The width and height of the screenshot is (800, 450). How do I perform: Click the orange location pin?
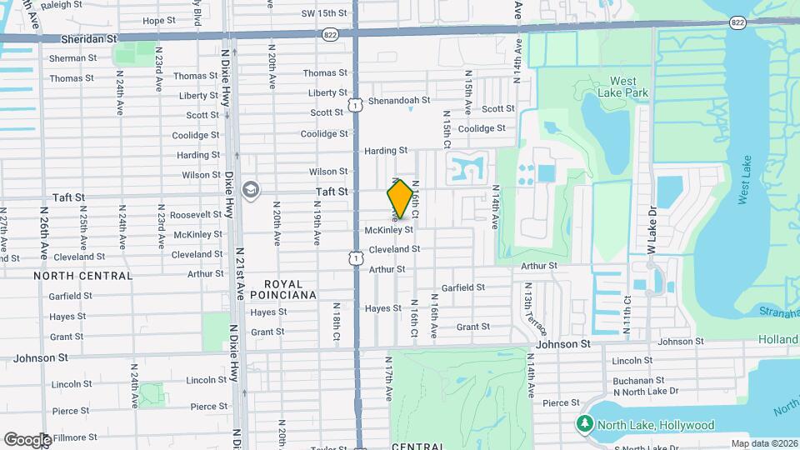coord(400,199)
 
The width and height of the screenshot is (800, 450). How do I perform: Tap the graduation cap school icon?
coord(250,191)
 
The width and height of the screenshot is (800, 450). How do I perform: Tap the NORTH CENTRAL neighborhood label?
coord(82,275)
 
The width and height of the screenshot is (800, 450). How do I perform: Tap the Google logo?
coord(27,440)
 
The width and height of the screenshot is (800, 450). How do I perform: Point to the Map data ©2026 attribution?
coord(763,443)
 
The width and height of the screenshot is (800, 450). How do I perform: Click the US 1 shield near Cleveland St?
coord(356,259)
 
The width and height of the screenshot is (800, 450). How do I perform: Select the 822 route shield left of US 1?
coord(331,33)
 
